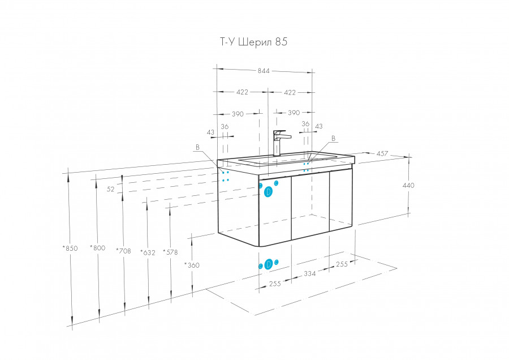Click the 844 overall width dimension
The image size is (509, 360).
tap(264, 71)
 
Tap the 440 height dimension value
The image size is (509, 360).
tap(408, 185)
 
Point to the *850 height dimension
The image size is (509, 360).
tap(71, 248)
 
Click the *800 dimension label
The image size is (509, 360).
tap(97, 248)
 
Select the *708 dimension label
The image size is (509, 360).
tap(124, 250)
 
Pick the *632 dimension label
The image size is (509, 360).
tap(147, 252)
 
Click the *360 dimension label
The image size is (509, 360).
tap(192, 264)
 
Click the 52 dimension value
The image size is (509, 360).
tap(111, 190)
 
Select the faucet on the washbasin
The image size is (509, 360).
tap(279, 143)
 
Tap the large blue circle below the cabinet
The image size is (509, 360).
tap(269, 264)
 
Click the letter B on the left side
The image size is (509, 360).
tap(197, 147)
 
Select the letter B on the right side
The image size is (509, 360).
tap(333, 138)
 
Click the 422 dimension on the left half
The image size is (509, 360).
tap(243, 92)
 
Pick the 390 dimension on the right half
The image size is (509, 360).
tap(294, 113)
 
